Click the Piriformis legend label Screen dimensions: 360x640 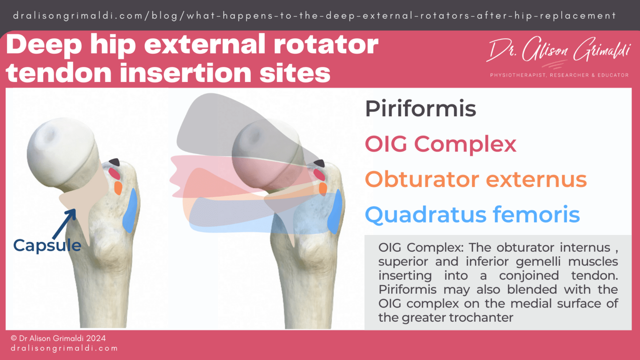tap(420, 109)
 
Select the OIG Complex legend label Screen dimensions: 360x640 tap(440, 145)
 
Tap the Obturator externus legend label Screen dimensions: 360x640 tap(475, 180)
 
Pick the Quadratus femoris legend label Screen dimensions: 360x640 tap(472, 215)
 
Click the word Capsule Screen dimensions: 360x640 tap(47, 245)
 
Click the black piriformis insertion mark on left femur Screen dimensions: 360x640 tap(114, 162)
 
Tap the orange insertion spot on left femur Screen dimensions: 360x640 tap(118, 187)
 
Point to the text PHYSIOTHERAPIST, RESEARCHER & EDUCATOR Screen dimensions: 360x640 tap(559, 75)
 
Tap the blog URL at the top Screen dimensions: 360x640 tap(315, 16)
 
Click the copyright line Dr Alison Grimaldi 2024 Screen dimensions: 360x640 tap(58, 338)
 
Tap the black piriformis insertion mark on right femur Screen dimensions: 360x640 tap(320, 163)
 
